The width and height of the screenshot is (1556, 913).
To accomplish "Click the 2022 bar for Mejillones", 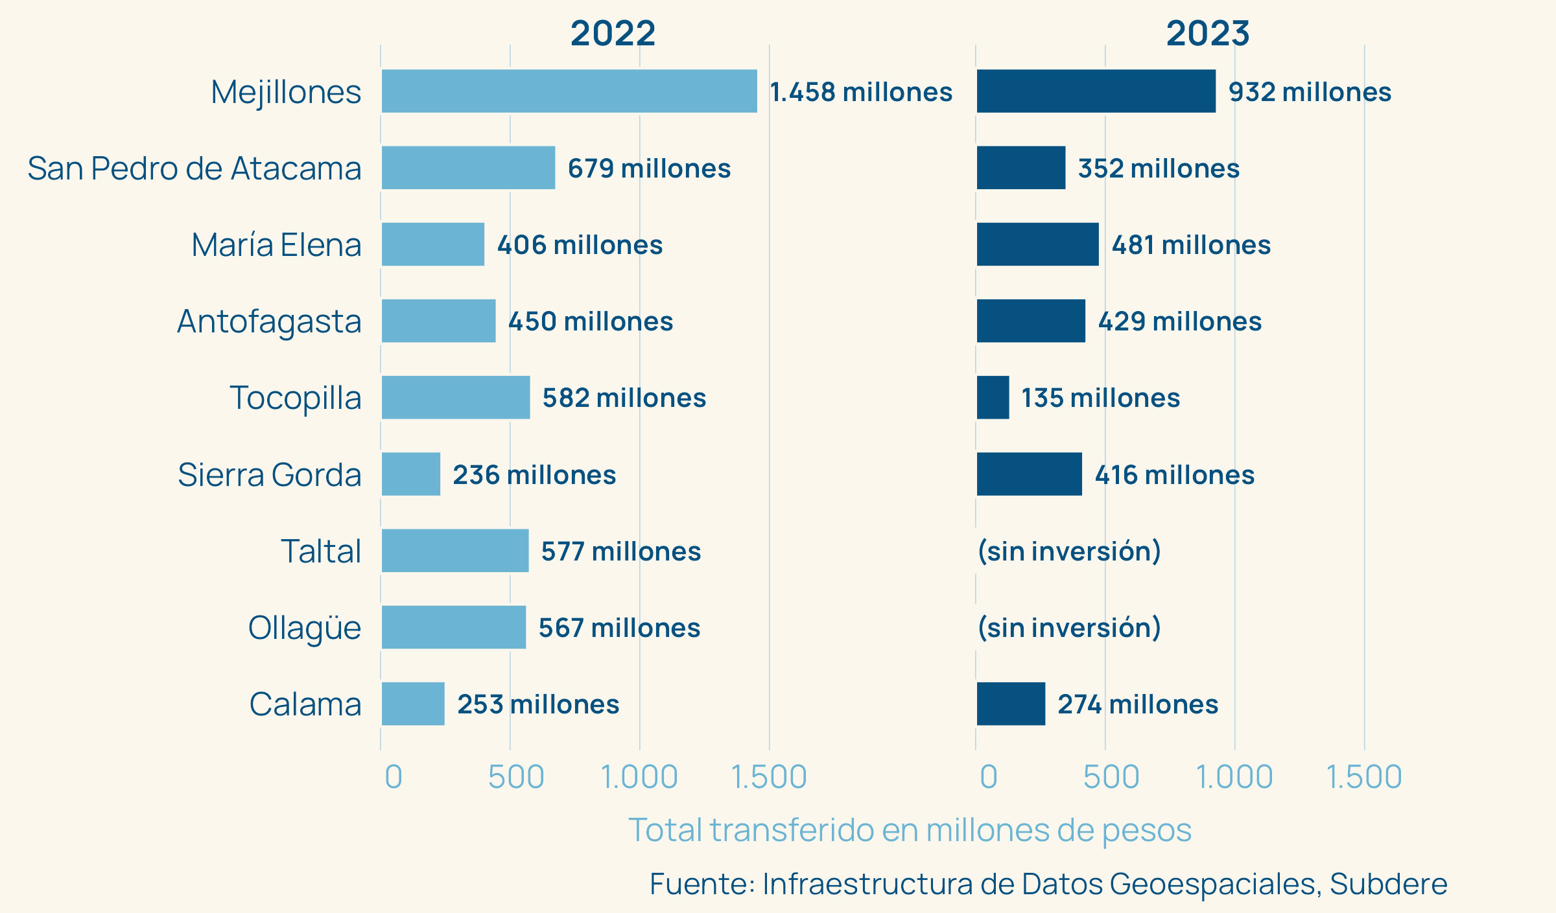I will tap(569, 91).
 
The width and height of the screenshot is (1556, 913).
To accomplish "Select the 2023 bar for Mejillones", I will tap(1096, 91).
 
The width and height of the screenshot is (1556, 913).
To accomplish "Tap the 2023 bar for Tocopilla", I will tap(993, 397).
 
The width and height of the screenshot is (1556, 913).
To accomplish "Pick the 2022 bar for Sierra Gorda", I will tap(411, 474).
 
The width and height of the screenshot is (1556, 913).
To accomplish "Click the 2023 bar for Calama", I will tap(1011, 704).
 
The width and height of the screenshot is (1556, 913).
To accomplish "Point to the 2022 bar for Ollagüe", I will tap(454, 627).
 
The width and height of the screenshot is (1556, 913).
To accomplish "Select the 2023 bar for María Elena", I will tap(1037, 244).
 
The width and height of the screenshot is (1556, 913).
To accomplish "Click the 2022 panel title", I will tap(613, 33).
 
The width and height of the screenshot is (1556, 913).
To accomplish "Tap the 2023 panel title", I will tap(1208, 33).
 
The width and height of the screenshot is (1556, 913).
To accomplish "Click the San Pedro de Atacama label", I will tap(194, 168).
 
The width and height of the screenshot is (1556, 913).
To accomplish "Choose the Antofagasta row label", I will tap(269, 321).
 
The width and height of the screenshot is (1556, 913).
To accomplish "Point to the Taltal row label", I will tap(321, 551).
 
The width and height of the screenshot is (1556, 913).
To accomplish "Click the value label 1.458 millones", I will tap(861, 92).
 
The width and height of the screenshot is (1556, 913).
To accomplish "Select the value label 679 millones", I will tap(649, 168).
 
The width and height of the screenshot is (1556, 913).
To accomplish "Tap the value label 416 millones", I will tap(1174, 475).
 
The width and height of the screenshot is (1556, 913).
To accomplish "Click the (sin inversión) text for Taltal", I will tap(1069, 551).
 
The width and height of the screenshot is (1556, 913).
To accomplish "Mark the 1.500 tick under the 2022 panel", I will tap(769, 777).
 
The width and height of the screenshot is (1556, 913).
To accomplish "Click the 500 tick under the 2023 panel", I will tap(1111, 777).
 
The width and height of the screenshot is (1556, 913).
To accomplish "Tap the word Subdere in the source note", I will tap(1388, 884).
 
